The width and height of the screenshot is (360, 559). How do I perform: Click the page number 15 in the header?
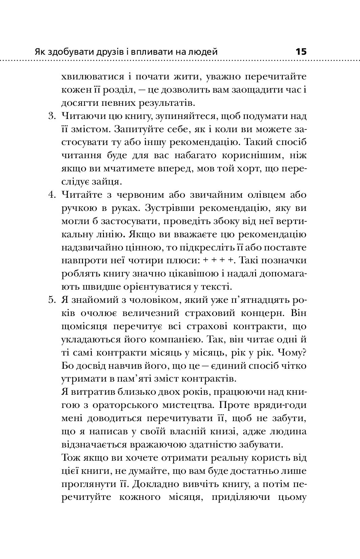tap(301, 52)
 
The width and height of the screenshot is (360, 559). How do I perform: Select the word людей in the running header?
tap(203, 52)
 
